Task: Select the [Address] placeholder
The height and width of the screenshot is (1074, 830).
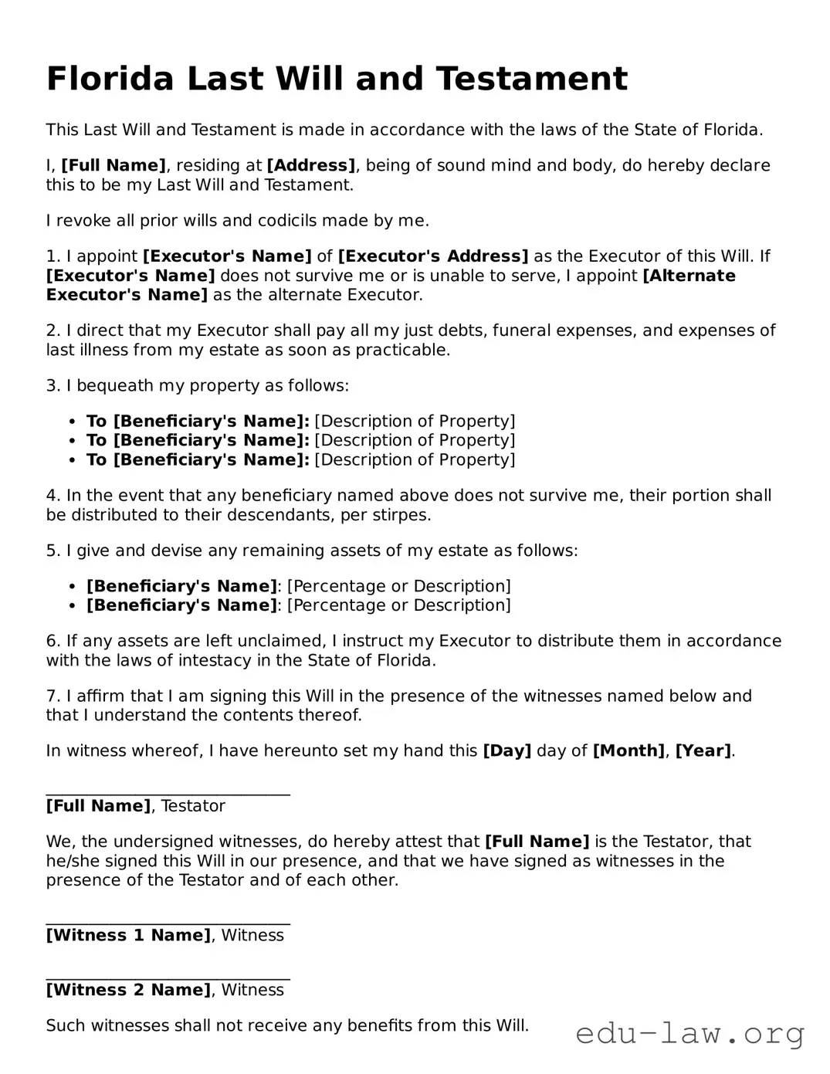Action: click(x=310, y=165)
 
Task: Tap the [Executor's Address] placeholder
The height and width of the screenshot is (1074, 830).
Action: click(x=433, y=256)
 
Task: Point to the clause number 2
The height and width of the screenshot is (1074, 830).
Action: click(x=52, y=330)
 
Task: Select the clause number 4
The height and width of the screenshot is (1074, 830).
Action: click(x=52, y=496)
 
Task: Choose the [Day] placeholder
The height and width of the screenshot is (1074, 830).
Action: click(x=506, y=750)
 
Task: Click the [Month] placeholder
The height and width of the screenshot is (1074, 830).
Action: click(x=628, y=750)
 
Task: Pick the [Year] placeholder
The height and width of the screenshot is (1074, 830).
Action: click(x=703, y=750)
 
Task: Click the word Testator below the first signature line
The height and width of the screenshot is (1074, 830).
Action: click(x=193, y=806)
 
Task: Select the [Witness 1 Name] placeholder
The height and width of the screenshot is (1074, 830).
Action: click(x=128, y=935)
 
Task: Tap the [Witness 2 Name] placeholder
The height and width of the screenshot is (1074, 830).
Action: click(x=128, y=990)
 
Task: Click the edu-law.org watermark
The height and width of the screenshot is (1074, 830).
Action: click(x=689, y=1033)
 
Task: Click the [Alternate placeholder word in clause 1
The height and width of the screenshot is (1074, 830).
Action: click(x=689, y=276)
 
